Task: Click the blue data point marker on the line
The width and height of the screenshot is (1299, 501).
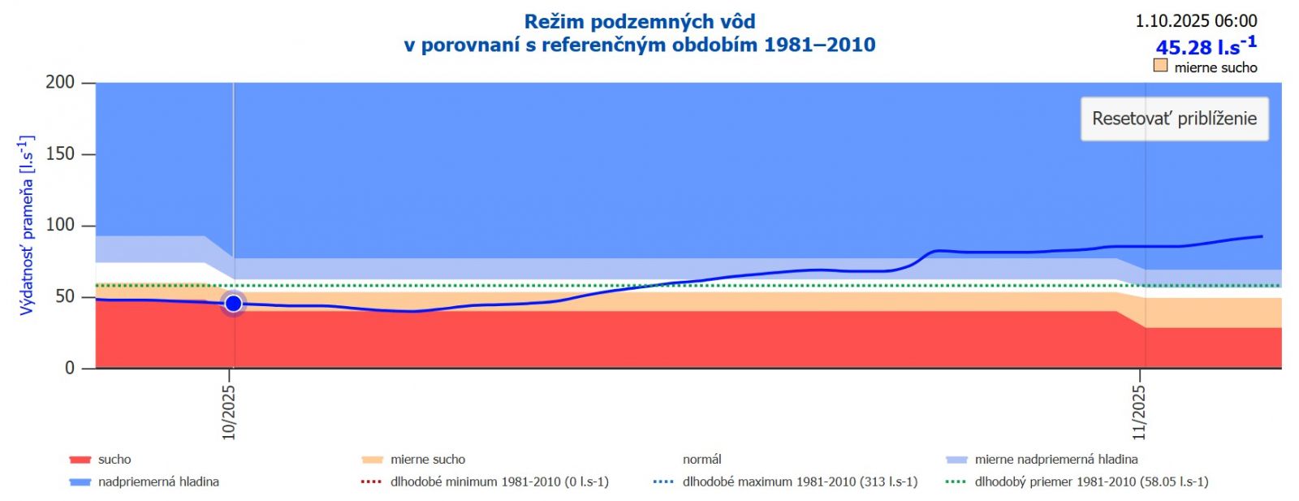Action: tap(233, 304)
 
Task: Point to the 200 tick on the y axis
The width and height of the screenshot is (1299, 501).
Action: tap(60, 82)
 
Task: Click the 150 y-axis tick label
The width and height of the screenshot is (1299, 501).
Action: tap(60, 153)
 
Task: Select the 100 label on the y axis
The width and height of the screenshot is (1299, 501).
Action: tap(60, 225)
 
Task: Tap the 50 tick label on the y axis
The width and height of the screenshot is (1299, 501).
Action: tap(65, 296)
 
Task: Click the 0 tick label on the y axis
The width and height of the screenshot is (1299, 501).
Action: tap(70, 368)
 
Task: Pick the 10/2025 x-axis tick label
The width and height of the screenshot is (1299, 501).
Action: tap(229, 412)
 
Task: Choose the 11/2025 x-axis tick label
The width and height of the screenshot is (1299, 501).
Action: tap(1139, 412)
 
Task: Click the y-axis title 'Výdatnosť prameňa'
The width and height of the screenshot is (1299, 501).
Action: tap(26, 225)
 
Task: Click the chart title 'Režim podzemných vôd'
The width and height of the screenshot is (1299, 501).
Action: tap(640, 22)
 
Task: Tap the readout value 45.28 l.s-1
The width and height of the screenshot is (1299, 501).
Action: tap(1206, 45)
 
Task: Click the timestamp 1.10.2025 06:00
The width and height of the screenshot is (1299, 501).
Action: tap(1196, 21)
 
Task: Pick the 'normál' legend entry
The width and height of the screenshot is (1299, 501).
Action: tap(701, 460)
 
